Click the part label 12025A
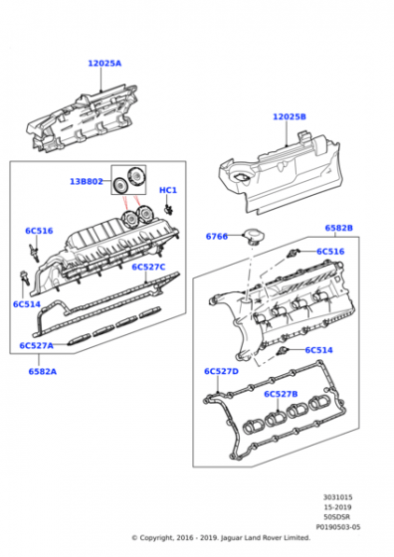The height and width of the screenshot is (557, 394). tap(104, 64)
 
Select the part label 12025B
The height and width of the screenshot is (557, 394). tap(290, 117)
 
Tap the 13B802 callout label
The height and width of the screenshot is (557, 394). tap(87, 181)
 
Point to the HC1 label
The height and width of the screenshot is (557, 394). tap(168, 190)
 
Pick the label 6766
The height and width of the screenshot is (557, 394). tap(217, 237)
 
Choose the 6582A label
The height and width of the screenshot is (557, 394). tap(43, 372)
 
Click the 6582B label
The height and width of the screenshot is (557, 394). tap(339, 228)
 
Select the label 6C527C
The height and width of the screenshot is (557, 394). tap(148, 267)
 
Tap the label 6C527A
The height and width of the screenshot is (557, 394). tap(36, 346)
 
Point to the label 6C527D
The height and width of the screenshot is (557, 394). tap(221, 371)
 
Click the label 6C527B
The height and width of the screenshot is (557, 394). tap(281, 394)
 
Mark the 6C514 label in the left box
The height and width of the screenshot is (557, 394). tap(27, 304)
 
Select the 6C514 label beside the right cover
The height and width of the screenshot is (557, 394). tap(319, 350)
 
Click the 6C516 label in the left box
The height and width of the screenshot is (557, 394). tap(39, 231)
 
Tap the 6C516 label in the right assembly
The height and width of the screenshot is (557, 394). tap(330, 252)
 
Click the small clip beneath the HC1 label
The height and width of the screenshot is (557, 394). tap(168, 209)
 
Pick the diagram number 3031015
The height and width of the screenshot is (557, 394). tap(337, 497)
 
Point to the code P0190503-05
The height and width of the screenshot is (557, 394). tap(338, 527)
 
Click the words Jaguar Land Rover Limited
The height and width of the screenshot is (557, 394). tap(266, 538)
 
